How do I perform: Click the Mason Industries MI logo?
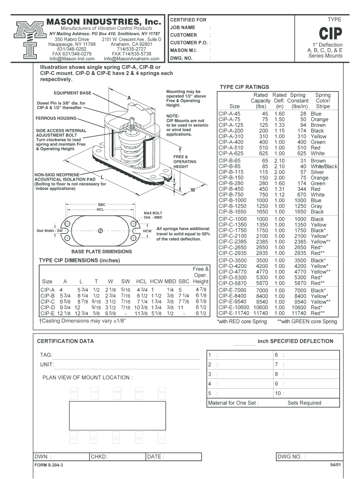pos(30,40)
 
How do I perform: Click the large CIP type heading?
pos(331,33)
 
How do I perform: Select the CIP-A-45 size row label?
pos(229,114)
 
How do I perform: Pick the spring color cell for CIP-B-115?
pos(317,172)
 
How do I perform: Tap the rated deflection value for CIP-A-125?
pos(280,125)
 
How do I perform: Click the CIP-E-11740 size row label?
pos(234,313)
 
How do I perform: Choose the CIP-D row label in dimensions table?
pos(48,307)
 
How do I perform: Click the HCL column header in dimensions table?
pos(141,281)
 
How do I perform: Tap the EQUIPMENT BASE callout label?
pos(72,93)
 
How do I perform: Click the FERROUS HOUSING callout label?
pos(56,118)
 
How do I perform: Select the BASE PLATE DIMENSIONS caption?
pos(101,252)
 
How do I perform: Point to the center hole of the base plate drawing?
pos(100,231)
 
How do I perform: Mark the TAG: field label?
pos(46,355)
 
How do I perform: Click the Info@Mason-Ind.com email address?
pos(72,58)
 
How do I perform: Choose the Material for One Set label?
pos(233,403)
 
